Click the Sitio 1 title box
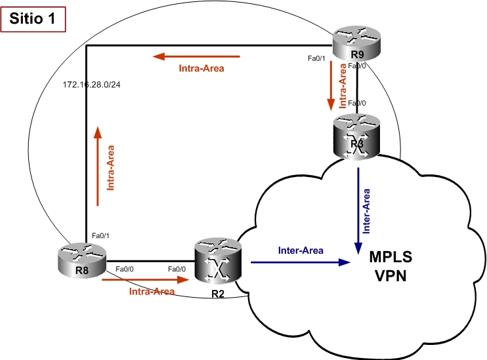(33, 19)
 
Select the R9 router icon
(356, 44)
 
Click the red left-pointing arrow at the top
(197, 56)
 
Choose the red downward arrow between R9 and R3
(331, 89)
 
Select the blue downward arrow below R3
(357, 210)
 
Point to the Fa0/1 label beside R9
(318, 58)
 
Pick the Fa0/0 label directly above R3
(357, 103)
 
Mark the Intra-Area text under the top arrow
(201, 68)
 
